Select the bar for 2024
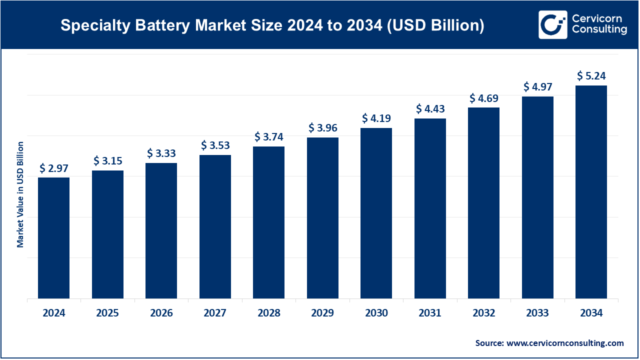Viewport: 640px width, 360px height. pyautogui.click(x=53, y=238)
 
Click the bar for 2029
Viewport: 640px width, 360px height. pyautogui.click(x=322, y=218)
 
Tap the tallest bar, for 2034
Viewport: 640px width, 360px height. pyautogui.click(x=591, y=192)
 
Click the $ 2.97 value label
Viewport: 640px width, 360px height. pyautogui.click(x=53, y=168)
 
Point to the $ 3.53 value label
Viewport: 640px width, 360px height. pyautogui.click(x=215, y=145)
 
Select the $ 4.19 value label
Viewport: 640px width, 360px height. pyautogui.click(x=376, y=118)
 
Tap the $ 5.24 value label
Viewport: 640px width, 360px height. pyautogui.click(x=591, y=75)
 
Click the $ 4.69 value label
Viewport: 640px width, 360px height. pyautogui.click(x=484, y=98)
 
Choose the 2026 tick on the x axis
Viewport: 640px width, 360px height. pyautogui.click(x=161, y=313)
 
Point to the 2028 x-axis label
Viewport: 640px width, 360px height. pyautogui.click(x=269, y=313)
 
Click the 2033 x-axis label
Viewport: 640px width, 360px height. pyautogui.click(x=537, y=313)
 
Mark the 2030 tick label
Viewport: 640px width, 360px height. pyautogui.click(x=376, y=313)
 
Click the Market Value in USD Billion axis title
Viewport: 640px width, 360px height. pyautogui.click(x=20, y=194)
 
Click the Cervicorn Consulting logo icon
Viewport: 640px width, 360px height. pyautogui.click(x=552, y=24)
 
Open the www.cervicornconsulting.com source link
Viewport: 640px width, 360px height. pyautogui.click(x=565, y=343)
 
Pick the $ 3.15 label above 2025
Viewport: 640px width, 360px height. pyautogui.click(x=107, y=161)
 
